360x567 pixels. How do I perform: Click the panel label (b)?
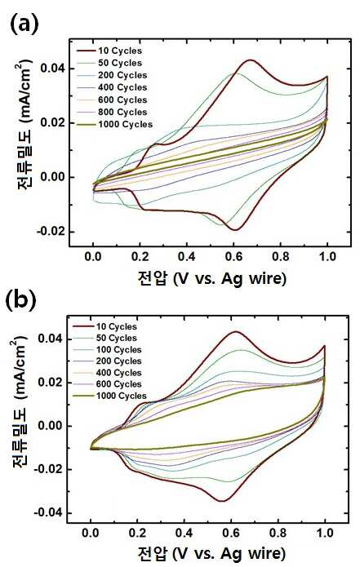(x=21, y=300)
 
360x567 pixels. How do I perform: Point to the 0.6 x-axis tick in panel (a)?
(x=233, y=257)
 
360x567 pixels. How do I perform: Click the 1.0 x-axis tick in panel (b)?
(x=325, y=533)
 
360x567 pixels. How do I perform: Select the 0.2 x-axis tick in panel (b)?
(x=137, y=533)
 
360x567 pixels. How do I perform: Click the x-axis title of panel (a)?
(x=211, y=278)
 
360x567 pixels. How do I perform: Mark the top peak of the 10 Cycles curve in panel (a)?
(x=250, y=60)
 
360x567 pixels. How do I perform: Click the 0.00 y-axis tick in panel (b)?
(x=51, y=426)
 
